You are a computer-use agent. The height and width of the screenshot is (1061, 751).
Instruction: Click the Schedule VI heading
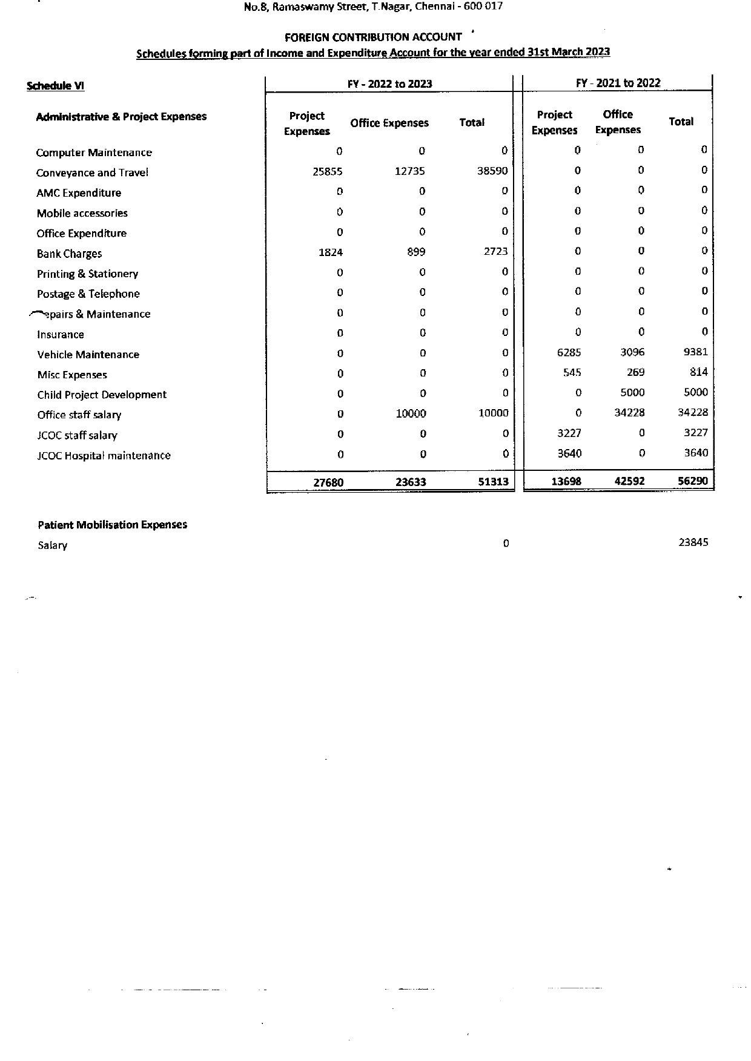[55, 86]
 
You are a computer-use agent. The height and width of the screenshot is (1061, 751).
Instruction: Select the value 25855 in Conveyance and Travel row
[327, 172]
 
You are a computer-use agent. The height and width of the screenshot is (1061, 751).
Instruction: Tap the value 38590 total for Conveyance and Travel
[492, 171]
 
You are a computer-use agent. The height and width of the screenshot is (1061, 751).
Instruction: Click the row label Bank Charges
[69, 254]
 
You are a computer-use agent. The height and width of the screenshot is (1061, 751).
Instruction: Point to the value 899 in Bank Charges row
[416, 252]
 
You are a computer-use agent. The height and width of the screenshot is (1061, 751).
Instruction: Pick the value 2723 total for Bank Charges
[495, 252]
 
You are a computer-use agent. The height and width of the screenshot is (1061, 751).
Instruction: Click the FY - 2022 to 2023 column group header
[389, 84]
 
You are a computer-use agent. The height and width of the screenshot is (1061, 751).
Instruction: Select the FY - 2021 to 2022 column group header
[618, 84]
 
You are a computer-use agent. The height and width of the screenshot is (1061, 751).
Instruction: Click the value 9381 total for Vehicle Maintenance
[695, 352]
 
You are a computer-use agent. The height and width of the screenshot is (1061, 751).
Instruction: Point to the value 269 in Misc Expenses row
[635, 373]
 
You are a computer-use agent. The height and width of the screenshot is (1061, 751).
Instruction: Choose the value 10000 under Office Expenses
[411, 414]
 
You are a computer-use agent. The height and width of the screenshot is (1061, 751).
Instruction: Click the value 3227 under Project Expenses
[569, 433]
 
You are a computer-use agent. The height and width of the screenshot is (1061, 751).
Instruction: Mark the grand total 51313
[493, 482]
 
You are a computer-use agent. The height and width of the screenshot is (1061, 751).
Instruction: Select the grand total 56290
[692, 481]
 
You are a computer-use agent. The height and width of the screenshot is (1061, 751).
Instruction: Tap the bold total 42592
[629, 482]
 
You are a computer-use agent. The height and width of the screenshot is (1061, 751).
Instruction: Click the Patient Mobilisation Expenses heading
[112, 525]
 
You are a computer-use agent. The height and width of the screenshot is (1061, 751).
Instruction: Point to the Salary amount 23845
[693, 543]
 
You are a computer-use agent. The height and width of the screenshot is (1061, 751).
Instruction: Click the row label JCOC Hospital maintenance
[104, 456]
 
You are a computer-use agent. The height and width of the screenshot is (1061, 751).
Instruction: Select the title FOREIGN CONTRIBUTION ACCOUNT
[373, 37]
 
